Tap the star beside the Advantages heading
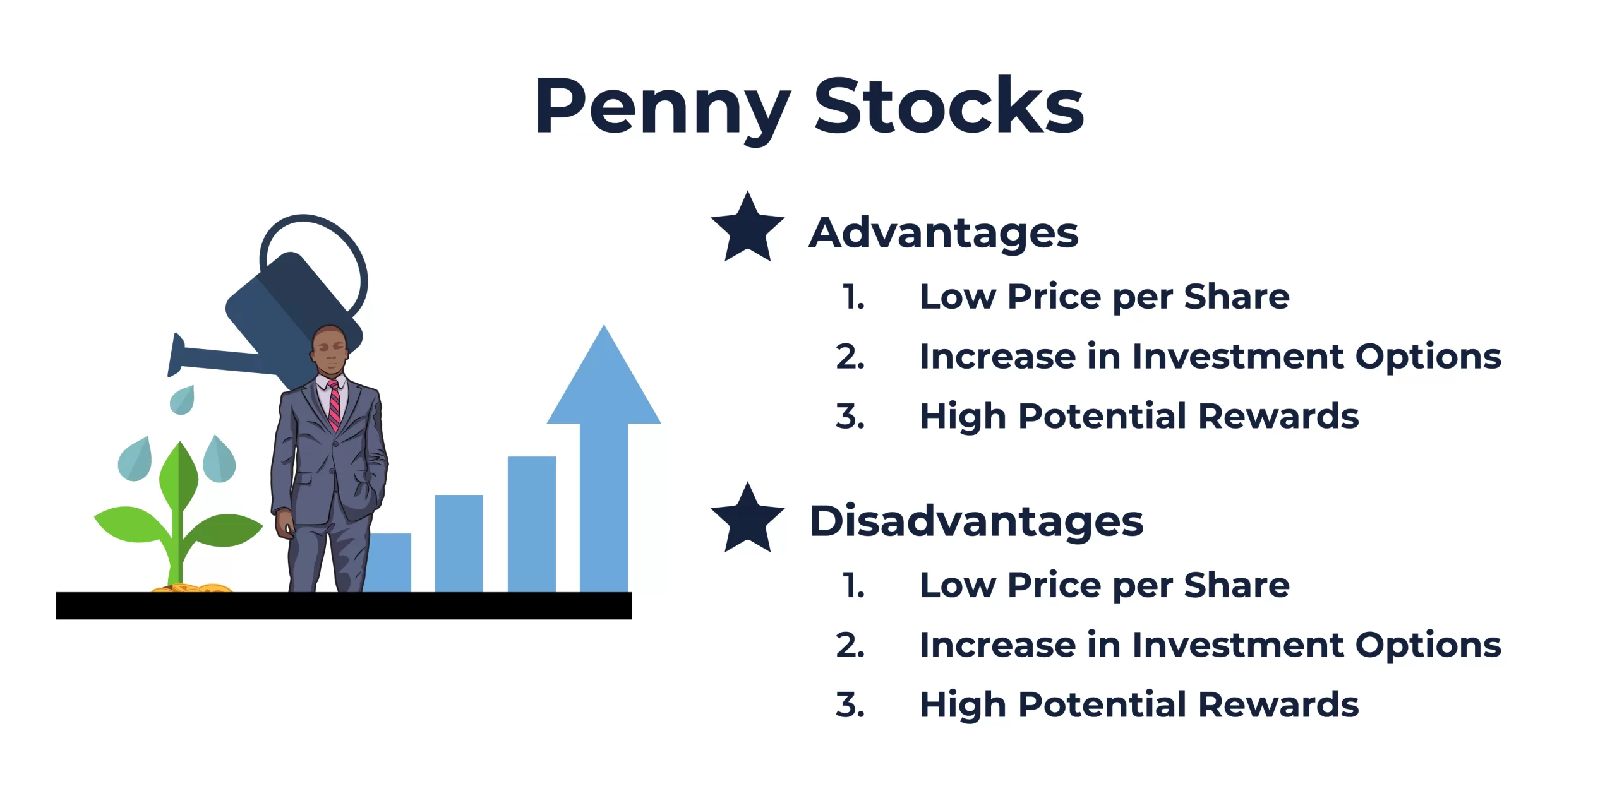click(747, 228)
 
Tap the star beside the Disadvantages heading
click(747, 518)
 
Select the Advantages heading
click(944, 234)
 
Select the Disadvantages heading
click(977, 521)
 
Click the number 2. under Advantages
click(850, 357)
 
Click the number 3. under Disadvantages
click(850, 705)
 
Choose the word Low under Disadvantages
click(958, 586)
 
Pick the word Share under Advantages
click(1237, 297)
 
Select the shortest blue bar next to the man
click(387, 562)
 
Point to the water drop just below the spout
click(183, 400)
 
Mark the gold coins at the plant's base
click(193, 588)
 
